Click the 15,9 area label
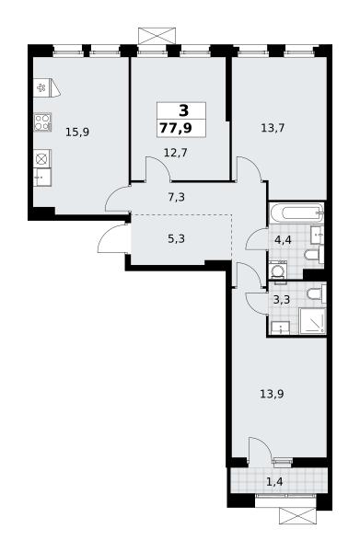pos(77,132)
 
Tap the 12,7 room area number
pos(176,153)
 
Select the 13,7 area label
pos(273,128)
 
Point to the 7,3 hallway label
pos(176,197)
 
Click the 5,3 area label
pos(176,239)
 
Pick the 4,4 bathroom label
pos(283,240)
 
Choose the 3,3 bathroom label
pos(282,300)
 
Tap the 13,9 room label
pos(272,394)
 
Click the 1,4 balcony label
pos(274,481)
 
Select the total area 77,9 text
pos(176,128)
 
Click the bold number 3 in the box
pos(184,111)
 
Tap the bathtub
pos(296,213)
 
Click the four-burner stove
pos(43,122)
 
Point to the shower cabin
pos(312,321)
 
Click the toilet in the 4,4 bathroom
pos(314,255)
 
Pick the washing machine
pos(278,271)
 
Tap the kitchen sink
pos(42,177)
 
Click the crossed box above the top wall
pos(157,36)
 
